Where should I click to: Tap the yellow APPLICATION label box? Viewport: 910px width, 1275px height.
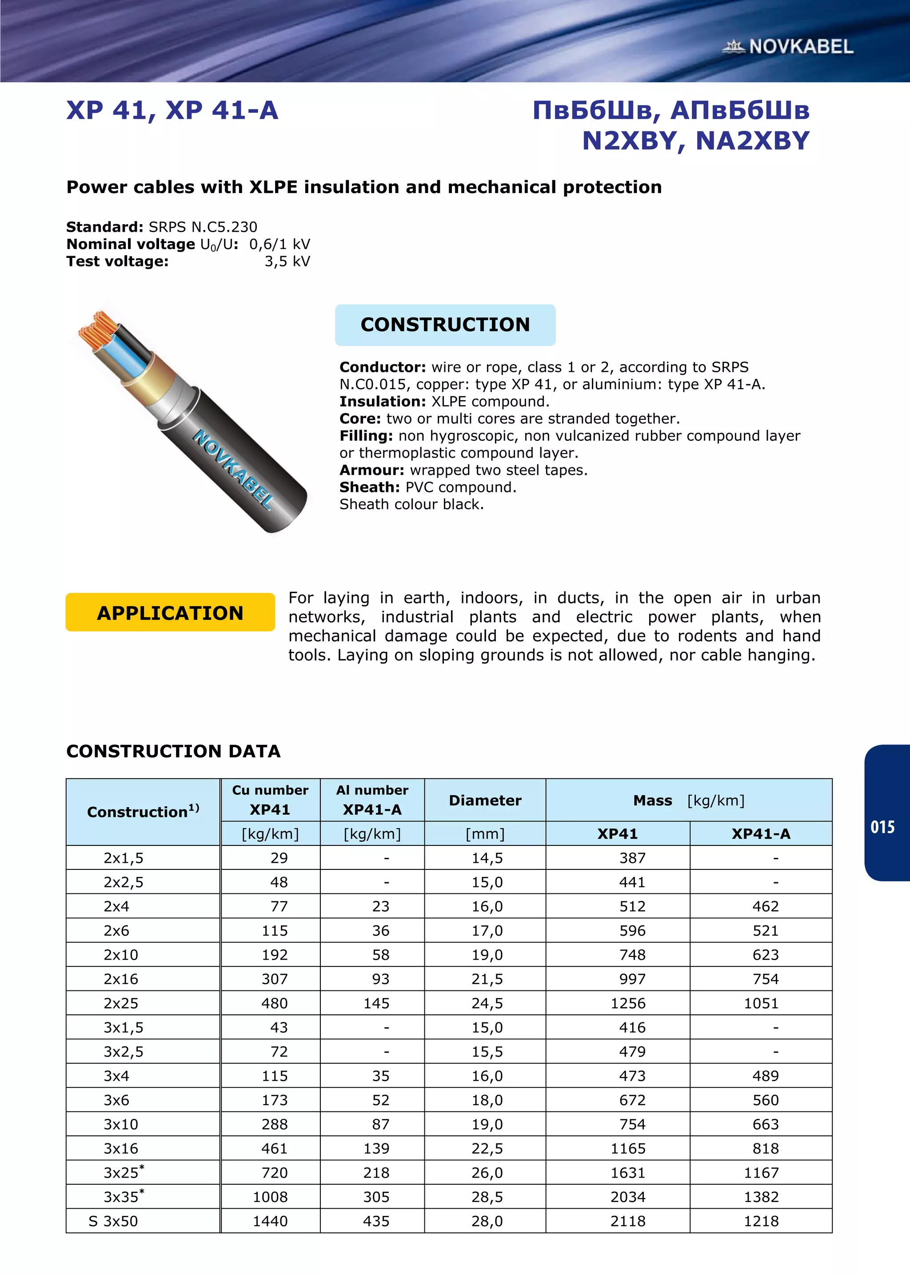pyautogui.click(x=170, y=612)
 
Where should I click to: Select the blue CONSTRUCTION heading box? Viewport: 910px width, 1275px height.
pyautogui.click(x=445, y=325)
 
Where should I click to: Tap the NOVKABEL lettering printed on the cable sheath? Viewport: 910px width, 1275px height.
pyautogui.click(x=232, y=469)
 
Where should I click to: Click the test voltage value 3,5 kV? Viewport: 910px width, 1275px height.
pyautogui.click(x=287, y=261)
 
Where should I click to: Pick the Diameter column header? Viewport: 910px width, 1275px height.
pyautogui.click(x=485, y=800)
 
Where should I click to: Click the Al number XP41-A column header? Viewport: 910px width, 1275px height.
pyautogui.click(x=372, y=800)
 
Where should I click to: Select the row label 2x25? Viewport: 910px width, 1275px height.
pyautogui.click(x=121, y=1003)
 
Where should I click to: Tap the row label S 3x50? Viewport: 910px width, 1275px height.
pyautogui.click(x=113, y=1221)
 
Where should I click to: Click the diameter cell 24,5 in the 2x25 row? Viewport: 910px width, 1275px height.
pyautogui.click(x=487, y=1003)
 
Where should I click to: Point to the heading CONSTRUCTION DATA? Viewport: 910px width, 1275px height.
pyautogui.click(x=173, y=751)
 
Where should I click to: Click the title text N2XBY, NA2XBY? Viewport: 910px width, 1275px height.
pyautogui.click(x=695, y=141)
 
